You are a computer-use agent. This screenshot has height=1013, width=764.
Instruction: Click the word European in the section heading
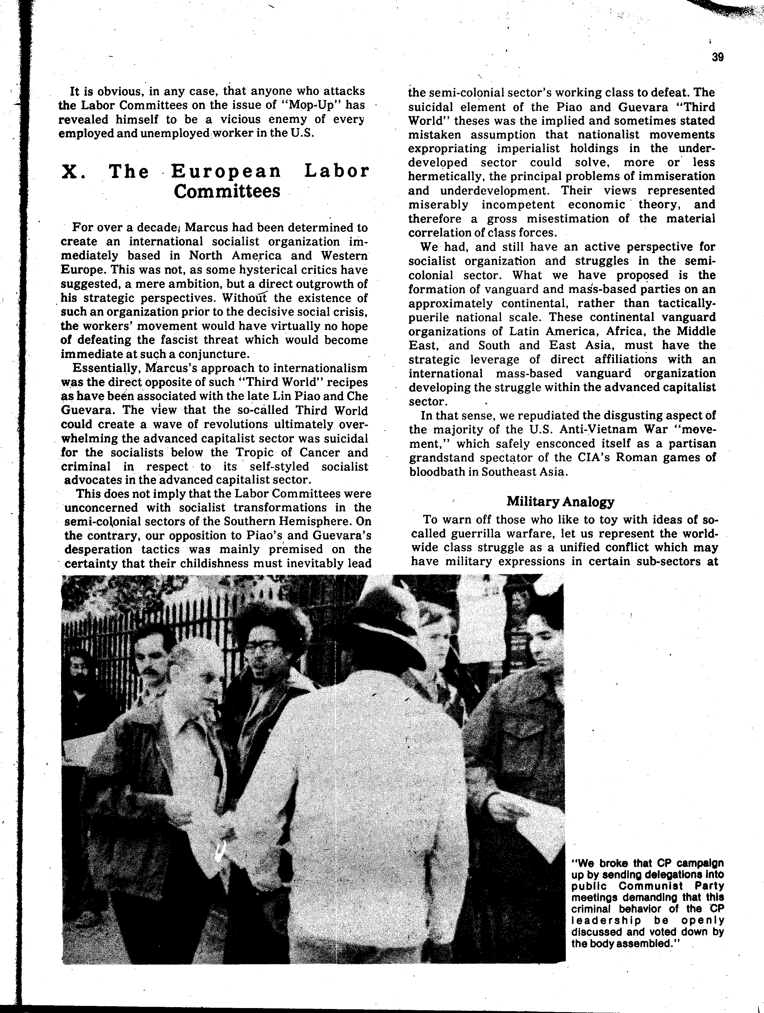pyautogui.click(x=226, y=171)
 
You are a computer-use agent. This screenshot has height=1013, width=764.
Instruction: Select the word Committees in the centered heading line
pyautogui.click(x=227, y=191)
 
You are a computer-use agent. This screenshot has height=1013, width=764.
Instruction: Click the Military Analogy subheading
pyautogui.click(x=560, y=502)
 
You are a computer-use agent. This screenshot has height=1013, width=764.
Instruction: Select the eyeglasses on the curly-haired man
pyautogui.click(x=263, y=645)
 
